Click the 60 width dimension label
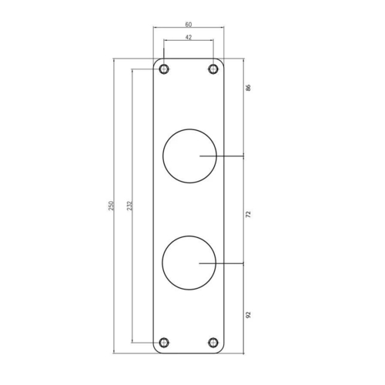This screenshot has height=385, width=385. click(x=189, y=23)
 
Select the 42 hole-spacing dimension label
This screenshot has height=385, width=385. click(x=189, y=36)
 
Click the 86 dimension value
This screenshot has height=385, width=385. click(x=248, y=88)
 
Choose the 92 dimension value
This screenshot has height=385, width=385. click(x=248, y=314)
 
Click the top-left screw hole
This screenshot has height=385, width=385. click(x=164, y=69)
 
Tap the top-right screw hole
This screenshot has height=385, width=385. click(x=213, y=69)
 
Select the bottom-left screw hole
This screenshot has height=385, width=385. click(x=164, y=342)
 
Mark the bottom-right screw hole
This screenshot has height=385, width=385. click(x=213, y=342)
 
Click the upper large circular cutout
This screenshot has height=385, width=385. click(x=189, y=156)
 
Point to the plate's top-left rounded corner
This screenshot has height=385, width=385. click(x=156, y=61)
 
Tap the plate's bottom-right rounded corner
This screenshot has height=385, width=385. click(x=222, y=350)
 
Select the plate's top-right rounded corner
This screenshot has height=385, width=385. click(x=222, y=61)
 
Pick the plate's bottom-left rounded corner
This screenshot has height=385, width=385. click(x=156, y=350)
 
